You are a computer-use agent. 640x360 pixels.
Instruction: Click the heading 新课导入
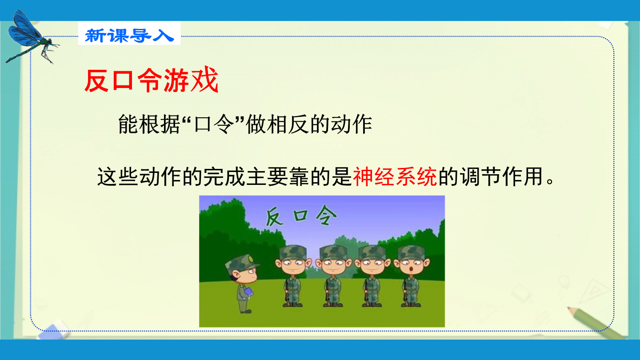[x=129, y=36]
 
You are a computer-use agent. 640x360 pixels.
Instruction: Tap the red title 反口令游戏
[x=152, y=80]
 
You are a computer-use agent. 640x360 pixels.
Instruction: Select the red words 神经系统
[x=395, y=177]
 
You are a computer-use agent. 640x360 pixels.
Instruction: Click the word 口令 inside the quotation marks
[x=214, y=124]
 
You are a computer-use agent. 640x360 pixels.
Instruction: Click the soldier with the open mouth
[x=412, y=276]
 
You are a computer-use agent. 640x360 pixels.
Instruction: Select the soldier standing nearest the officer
[x=293, y=276]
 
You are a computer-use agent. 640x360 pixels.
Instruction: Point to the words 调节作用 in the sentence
[x=501, y=177]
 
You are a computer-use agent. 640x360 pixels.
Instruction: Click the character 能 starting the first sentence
[x=128, y=124]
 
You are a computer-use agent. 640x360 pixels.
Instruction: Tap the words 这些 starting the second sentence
[x=118, y=177]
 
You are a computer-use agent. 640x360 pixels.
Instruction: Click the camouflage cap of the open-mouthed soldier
[x=412, y=252]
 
